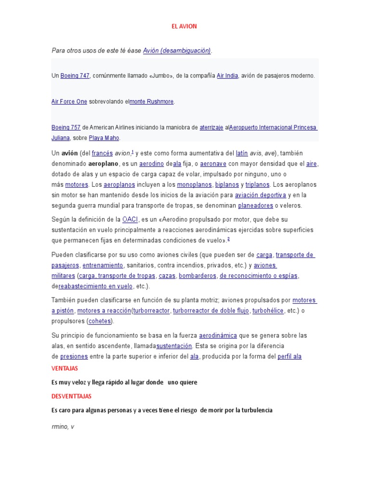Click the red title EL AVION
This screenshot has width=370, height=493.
point(185,26)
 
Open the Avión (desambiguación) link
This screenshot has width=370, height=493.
point(177,51)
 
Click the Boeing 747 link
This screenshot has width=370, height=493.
point(75,76)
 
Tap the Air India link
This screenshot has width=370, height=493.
point(227,76)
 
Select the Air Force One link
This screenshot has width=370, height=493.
point(69,102)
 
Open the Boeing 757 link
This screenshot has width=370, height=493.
point(66,128)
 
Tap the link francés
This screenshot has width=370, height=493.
point(102,153)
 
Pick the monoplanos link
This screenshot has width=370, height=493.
point(194,184)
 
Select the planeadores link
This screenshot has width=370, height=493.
point(255,206)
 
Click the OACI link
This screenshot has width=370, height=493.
point(130,220)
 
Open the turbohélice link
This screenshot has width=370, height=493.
point(268,311)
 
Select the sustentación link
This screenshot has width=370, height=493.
point(174,346)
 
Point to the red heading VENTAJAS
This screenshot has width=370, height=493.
point(65,368)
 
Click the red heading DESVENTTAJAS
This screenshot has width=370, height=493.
point(71,396)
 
